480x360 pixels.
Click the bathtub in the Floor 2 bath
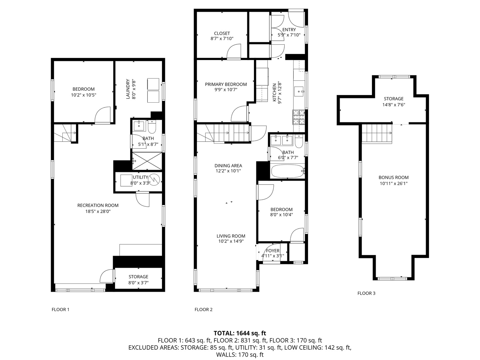[x=287, y=172]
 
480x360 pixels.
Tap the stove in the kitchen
[x=299, y=117]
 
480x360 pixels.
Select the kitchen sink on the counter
[x=299, y=90]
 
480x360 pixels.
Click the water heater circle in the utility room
[x=155, y=180]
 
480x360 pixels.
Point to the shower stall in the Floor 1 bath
[x=147, y=161]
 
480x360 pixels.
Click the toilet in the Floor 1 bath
[x=152, y=126]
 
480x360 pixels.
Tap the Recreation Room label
[x=98, y=205]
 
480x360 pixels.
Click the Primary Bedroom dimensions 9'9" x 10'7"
[x=226, y=90]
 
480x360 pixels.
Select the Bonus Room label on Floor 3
[x=393, y=178]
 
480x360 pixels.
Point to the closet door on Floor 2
[x=234, y=51]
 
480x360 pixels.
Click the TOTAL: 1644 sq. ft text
[x=240, y=333]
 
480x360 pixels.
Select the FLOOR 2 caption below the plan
[x=203, y=309]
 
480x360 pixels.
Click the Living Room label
[x=231, y=236]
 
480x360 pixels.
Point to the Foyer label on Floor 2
[x=273, y=251]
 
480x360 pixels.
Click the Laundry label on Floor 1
[x=127, y=89]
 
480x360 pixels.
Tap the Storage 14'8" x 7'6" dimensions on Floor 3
[x=393, y=105]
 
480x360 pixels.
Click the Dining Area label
[x=228, y=166]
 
